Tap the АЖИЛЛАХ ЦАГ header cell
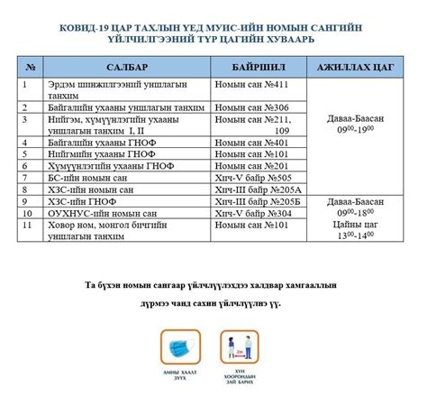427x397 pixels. [355, 68]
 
